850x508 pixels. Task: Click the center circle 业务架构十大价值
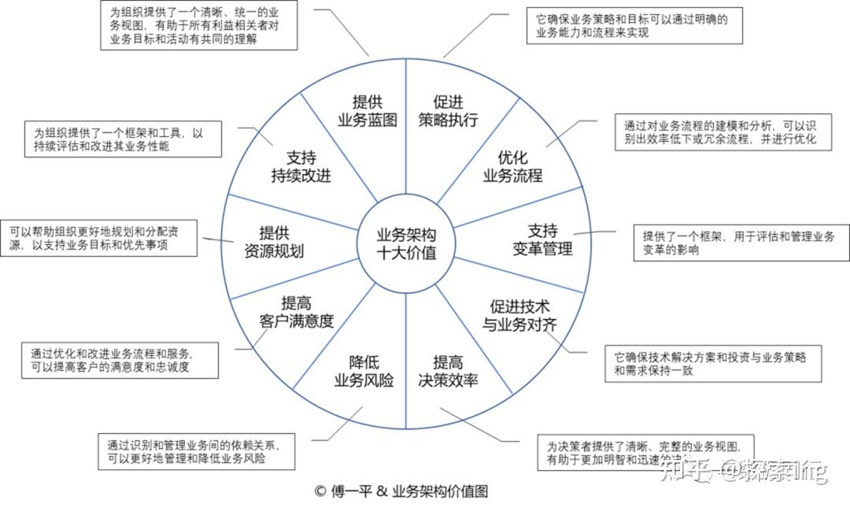(405, 244)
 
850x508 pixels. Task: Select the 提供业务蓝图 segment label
(366, 110)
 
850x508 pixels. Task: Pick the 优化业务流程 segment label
(512, 165)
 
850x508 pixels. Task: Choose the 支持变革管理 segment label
(542, 239)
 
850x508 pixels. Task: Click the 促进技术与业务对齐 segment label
(519, 314)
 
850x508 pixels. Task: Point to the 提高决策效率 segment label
(448, 371)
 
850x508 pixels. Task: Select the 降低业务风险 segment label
(364, 371)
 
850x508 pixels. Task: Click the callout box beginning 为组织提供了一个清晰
(199, 26)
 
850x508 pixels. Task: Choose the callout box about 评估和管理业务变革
(741, 244)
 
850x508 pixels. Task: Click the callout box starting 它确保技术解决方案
(713, 363)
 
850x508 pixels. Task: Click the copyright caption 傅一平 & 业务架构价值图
(401, 491)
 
